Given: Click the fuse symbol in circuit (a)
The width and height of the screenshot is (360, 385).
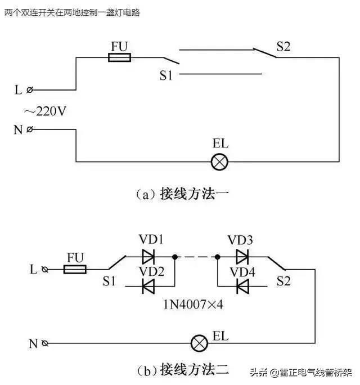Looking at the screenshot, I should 119,57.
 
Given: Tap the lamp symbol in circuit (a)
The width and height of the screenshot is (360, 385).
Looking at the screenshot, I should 218,162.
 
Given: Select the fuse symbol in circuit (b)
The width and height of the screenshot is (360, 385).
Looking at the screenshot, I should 75,270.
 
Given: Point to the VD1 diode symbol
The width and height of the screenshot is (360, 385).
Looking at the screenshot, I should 148,257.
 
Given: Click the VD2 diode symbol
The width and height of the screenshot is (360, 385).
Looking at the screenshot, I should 148,287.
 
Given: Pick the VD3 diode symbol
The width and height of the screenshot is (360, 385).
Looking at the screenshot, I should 242,257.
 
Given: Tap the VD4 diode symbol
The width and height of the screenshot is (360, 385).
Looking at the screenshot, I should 242,287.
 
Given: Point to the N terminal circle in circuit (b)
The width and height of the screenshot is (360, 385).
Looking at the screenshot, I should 46,343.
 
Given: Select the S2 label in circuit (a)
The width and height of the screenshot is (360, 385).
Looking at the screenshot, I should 283,47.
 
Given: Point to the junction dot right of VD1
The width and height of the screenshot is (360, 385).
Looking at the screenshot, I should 175,257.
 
